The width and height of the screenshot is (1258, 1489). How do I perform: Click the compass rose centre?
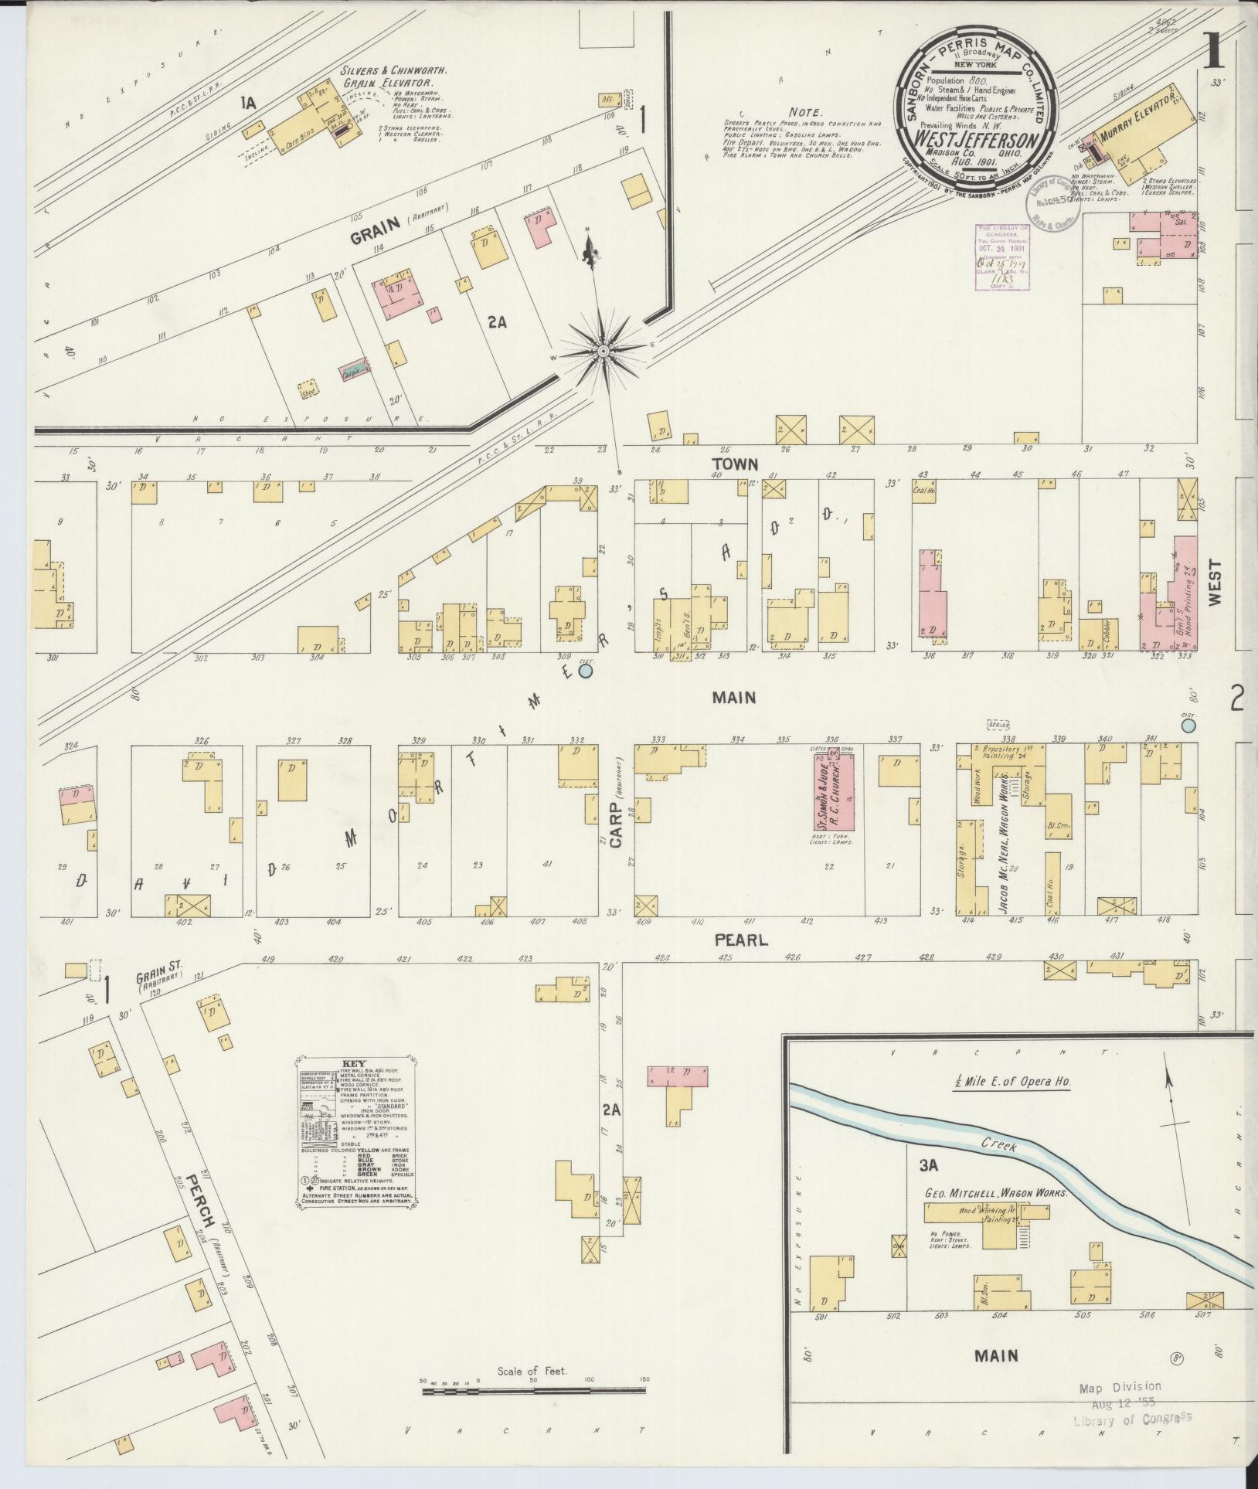603,352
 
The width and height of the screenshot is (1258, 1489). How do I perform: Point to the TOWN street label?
736,464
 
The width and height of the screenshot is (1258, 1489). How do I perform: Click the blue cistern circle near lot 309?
586,671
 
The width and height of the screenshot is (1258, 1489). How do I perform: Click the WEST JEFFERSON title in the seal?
977,141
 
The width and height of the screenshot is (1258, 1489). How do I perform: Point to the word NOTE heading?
808,111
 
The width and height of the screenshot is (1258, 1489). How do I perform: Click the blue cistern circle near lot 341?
1188,725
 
